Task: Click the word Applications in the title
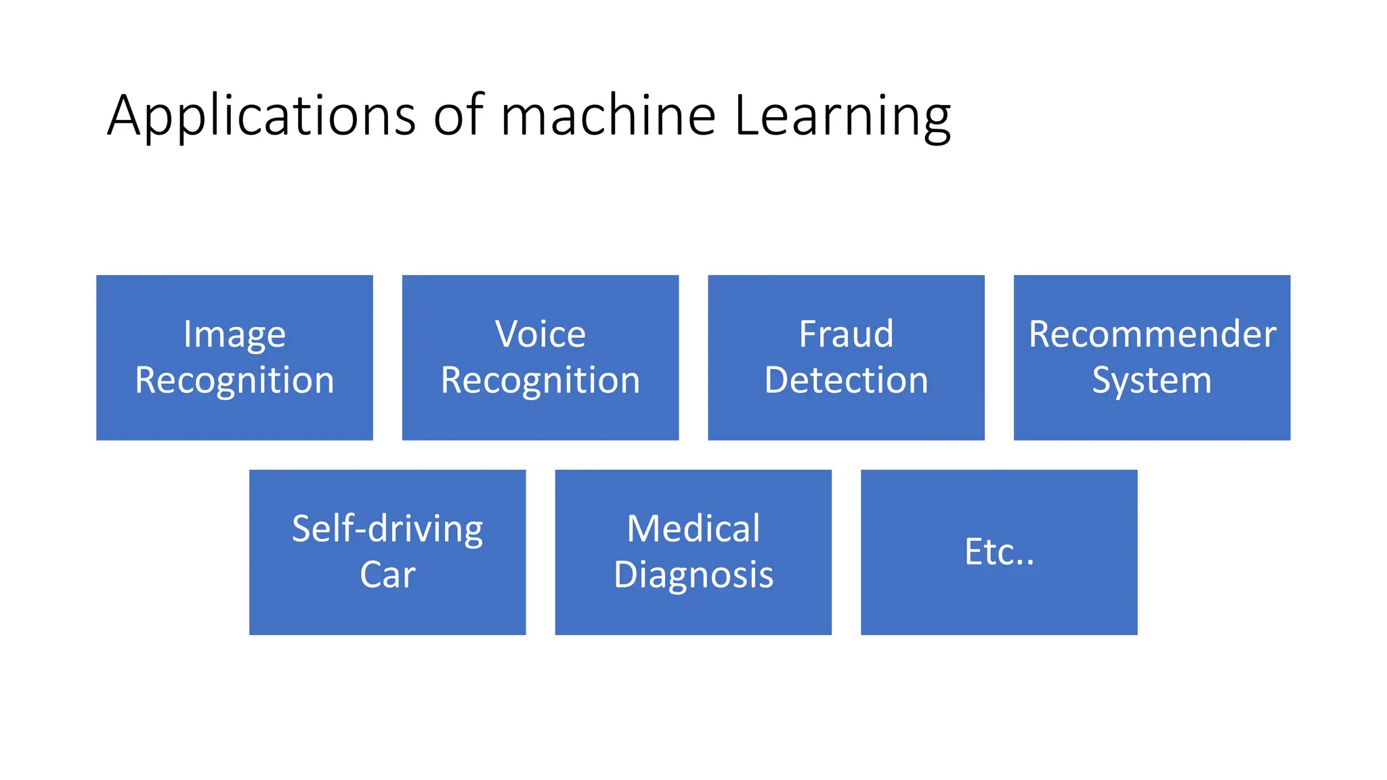coord(261,116)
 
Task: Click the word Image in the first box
coord(234,334)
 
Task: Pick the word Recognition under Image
coord(234,381)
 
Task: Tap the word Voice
coord(540,334)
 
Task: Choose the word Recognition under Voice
coord(540,381)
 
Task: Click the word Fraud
coord(846,334)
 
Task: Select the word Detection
coord(846,381)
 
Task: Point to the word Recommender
coord(1152,334)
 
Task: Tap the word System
coord(1151,381)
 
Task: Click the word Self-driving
coord(387,529)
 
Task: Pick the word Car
coord(387,575)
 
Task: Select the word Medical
coord(693,529)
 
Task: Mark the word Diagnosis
coord(693,575)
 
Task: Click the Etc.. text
coord(999,552)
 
